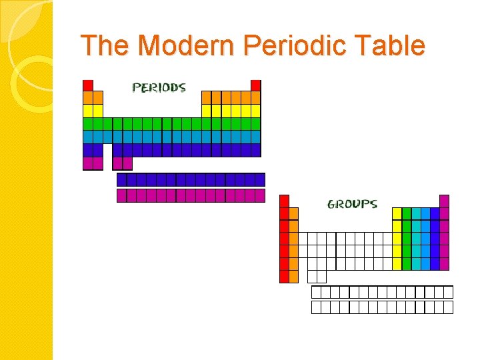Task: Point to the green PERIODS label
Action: point(159,87)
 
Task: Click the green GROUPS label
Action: point(352,204)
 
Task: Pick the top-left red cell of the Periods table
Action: point(88,85)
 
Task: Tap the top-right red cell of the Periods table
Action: point(255,85)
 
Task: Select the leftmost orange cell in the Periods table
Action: point(88,97)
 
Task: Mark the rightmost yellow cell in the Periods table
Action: point(255,111)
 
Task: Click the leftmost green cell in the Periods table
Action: point(88,124)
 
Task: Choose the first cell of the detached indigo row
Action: point(122,179)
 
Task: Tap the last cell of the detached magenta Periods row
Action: point(259,195)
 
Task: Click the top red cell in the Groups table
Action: point(284,201)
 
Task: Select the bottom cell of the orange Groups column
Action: point(293,276)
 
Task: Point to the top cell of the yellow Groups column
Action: point(397,213)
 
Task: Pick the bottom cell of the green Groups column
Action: point(407,263)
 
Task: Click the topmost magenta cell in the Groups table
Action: point(444,201)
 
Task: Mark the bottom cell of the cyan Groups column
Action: point(416,263)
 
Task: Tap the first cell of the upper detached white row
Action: point(317,292)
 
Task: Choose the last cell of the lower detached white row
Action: point(448,307)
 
